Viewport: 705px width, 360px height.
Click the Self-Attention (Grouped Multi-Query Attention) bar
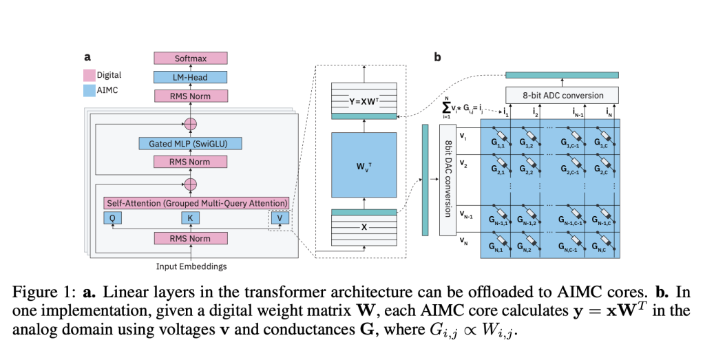196,203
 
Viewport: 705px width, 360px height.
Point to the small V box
277,218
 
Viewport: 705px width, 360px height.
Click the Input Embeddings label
189,266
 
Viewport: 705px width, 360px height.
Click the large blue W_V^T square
364,165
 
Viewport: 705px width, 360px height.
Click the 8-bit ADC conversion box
562,95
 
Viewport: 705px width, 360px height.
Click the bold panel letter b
437,58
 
